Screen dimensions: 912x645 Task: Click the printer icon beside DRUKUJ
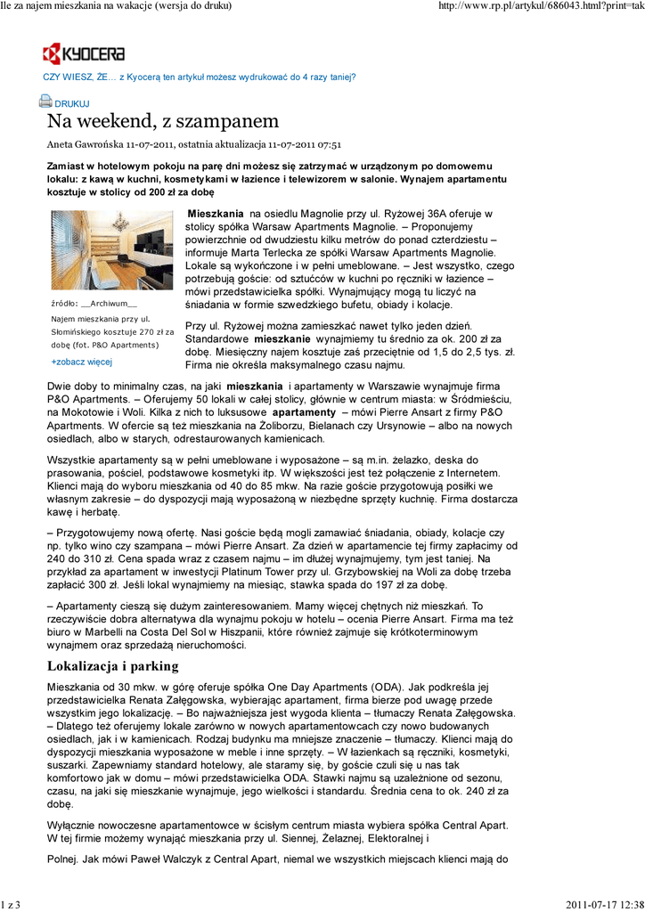[45, 102]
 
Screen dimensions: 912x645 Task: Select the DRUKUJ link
[72, 104]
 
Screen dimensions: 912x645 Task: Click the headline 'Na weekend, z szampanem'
[163, 121]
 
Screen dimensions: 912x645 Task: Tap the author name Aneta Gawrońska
[85, 144]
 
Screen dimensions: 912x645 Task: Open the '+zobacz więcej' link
[82, 362]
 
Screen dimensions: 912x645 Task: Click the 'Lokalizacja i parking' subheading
[112, 666]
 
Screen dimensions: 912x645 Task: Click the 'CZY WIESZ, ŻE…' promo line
[200, 77]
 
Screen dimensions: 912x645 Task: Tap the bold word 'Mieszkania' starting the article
[216, 215]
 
